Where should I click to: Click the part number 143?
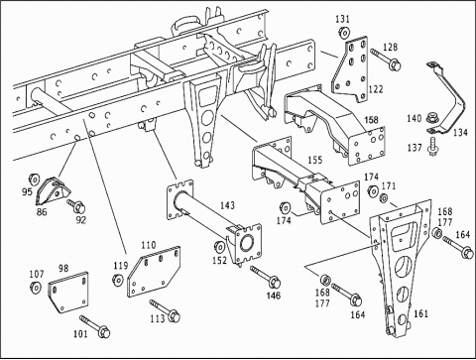(227, 205)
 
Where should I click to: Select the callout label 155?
(314, 160)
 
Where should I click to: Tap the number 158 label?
(371, 119)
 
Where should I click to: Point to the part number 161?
(420, 313)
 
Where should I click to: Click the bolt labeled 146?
(266, 277)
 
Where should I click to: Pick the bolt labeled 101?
(95, 326)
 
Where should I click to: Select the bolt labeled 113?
(165, 310)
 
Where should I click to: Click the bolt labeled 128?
(386, 59)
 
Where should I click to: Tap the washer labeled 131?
(343, 33)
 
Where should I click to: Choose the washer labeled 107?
(35, 288)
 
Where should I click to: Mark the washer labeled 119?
(118, 280)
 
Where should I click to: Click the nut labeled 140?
(430, 117)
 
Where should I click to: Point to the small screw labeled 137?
(431, 148)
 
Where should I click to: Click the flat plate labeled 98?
(69, 293)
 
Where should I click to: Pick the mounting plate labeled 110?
(154, 272)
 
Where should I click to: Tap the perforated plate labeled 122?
(350, 69)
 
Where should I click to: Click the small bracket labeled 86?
(53, 192)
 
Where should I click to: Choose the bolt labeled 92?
(76, 206)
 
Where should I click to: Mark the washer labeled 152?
(219, 247)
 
